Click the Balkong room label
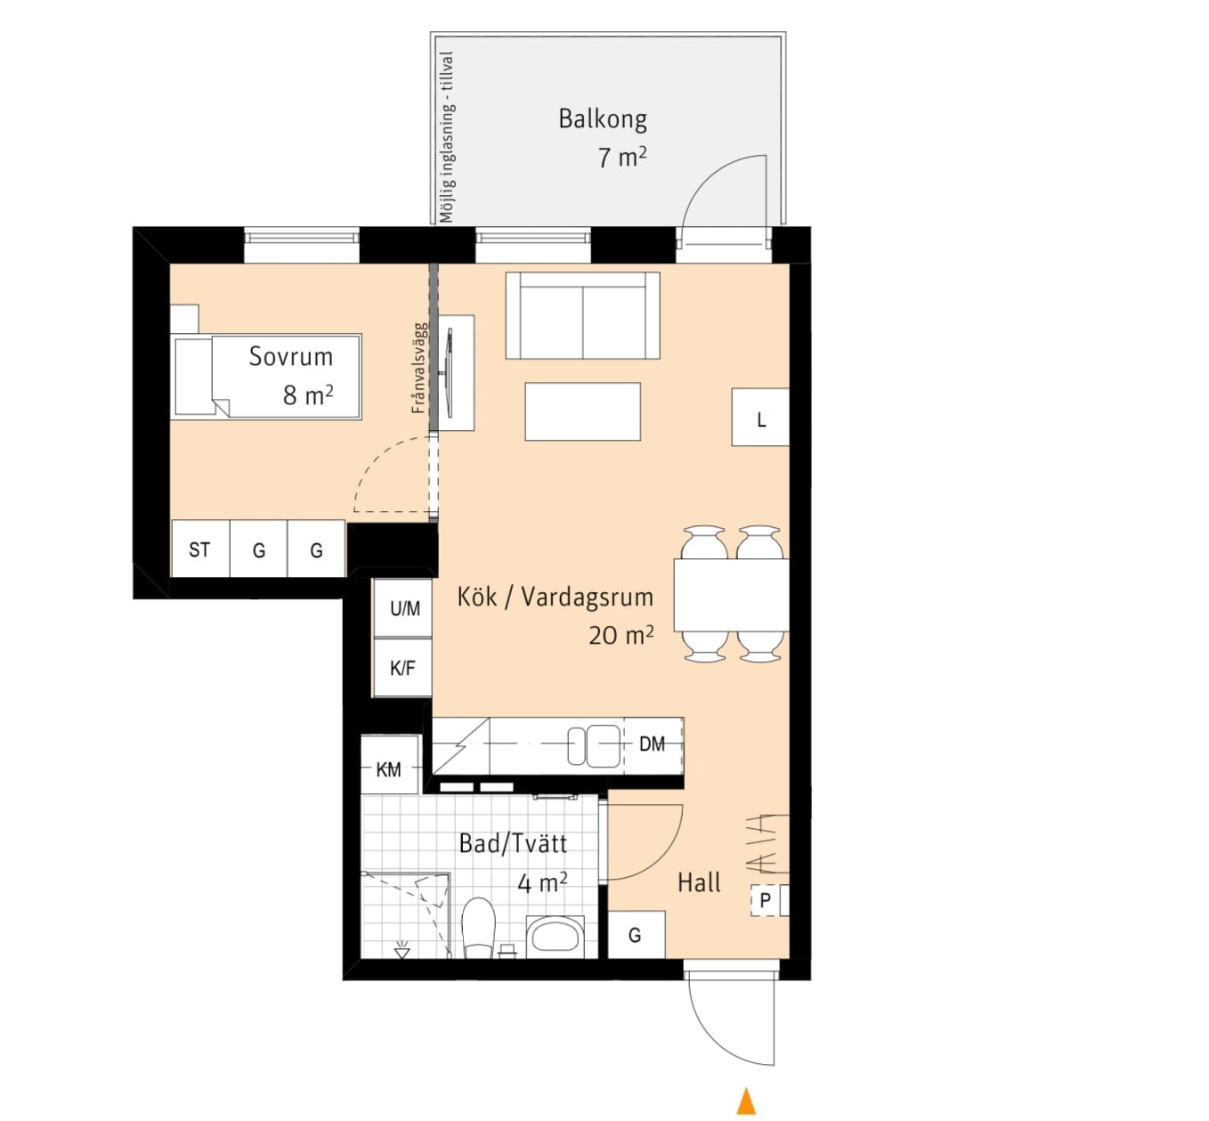click(x=602, y=119)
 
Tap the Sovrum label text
click(x=291, y=357)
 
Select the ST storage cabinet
click(x=200, y=548)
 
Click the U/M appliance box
click(x=403, y=607)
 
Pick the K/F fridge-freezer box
click(x=402, y=668)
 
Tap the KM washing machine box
click(x=390, y=765)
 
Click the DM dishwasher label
click(x=652, y=744)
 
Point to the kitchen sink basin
click(x=594, y=745)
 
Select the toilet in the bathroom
click(x=478, y=929)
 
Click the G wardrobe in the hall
click(x=637, y=935)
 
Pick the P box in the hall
click(x=766, y=899)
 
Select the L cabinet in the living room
click(x=760, y=417)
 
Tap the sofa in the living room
click(x=582, y=315)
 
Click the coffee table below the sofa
click(x=582, y=411)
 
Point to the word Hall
click(x=699, y=882)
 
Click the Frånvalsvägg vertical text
click(x=418, y=368)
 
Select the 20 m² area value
click(x=621, y=636)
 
